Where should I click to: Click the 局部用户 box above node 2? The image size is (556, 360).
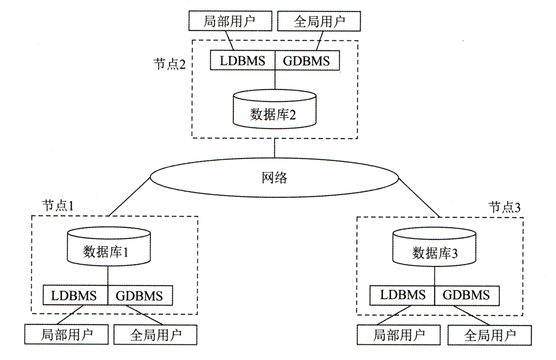(x=230, y=21)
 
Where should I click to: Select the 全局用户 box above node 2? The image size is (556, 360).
(x=319, y=21)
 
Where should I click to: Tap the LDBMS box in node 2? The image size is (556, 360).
(x=242, y=61)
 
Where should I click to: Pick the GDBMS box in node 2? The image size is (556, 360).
(x=307, y=61)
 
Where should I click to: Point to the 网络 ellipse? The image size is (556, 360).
(x=274, y=178)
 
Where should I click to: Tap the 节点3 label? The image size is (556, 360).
(x=504, y=207)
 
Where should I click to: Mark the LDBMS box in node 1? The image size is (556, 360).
(x=75, y=295)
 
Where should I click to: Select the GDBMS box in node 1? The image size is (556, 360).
(x=140, y=295)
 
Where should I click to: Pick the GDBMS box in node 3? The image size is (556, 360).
(x=467, y=295)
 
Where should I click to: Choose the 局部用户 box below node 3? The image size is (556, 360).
(x=398, y=335)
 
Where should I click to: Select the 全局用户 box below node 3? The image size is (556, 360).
(x=489, y=335)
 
